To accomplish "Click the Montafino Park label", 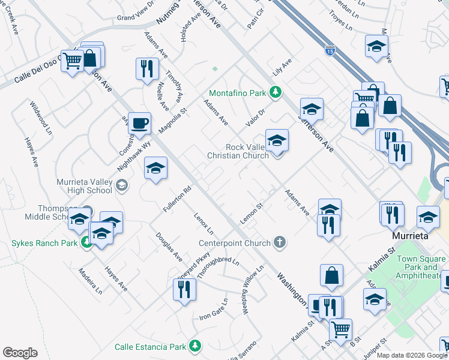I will pos(237,94).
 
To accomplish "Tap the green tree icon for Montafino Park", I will pos(276,92).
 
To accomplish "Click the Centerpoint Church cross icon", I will pos(279,242).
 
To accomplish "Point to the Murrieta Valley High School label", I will pos(84,186).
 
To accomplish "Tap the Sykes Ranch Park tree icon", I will pos(87,242).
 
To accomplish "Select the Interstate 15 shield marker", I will pos(330,50).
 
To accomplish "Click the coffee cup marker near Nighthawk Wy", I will pos(139,123).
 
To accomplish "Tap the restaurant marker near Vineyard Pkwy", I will pos(184,289).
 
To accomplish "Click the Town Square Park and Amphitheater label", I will pos(421,267).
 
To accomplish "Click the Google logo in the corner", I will pos(20,353).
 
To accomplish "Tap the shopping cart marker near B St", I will pos(340,329).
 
